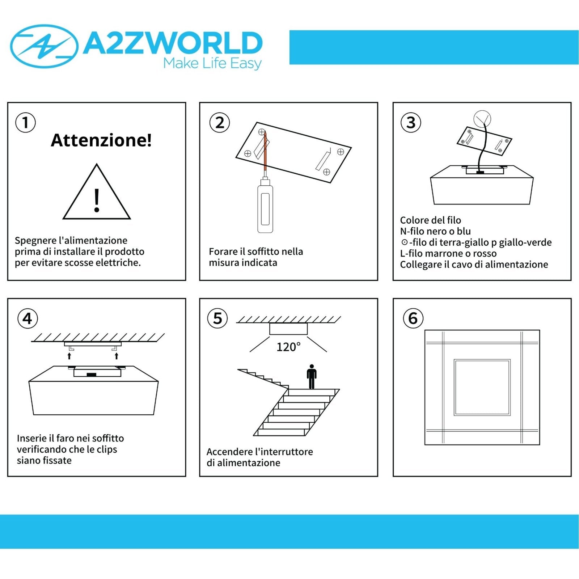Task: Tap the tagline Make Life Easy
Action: pyautogui.click(x=212, y=63)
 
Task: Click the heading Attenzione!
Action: pyautogui.click(x=101, y=140)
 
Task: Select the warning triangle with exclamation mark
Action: pyautogui.click(x=97, y=192)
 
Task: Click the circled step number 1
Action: pyautogui.click(x=25, y=122)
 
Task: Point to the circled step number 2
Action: pyautogui.click(x=220, y=122)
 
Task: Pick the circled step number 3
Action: pyautogui.click(x=411, y=122)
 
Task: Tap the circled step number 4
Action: pyautogui.click(x=28, y=318)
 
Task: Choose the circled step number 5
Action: pyautogui.click(x=217, y=318)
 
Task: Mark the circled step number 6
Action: pyautogui.click(x=413, y=318)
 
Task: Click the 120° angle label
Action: pyautogui.click(x=288, y=347)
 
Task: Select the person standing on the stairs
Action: pyautogui.click(x=312, y=376)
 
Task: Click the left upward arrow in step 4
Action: pyautogui.click(x=69, y=356)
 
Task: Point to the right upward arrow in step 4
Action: pyautogui.click(x=117, y=356)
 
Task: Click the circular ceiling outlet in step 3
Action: pyautogui.click(x=482, y=119)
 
